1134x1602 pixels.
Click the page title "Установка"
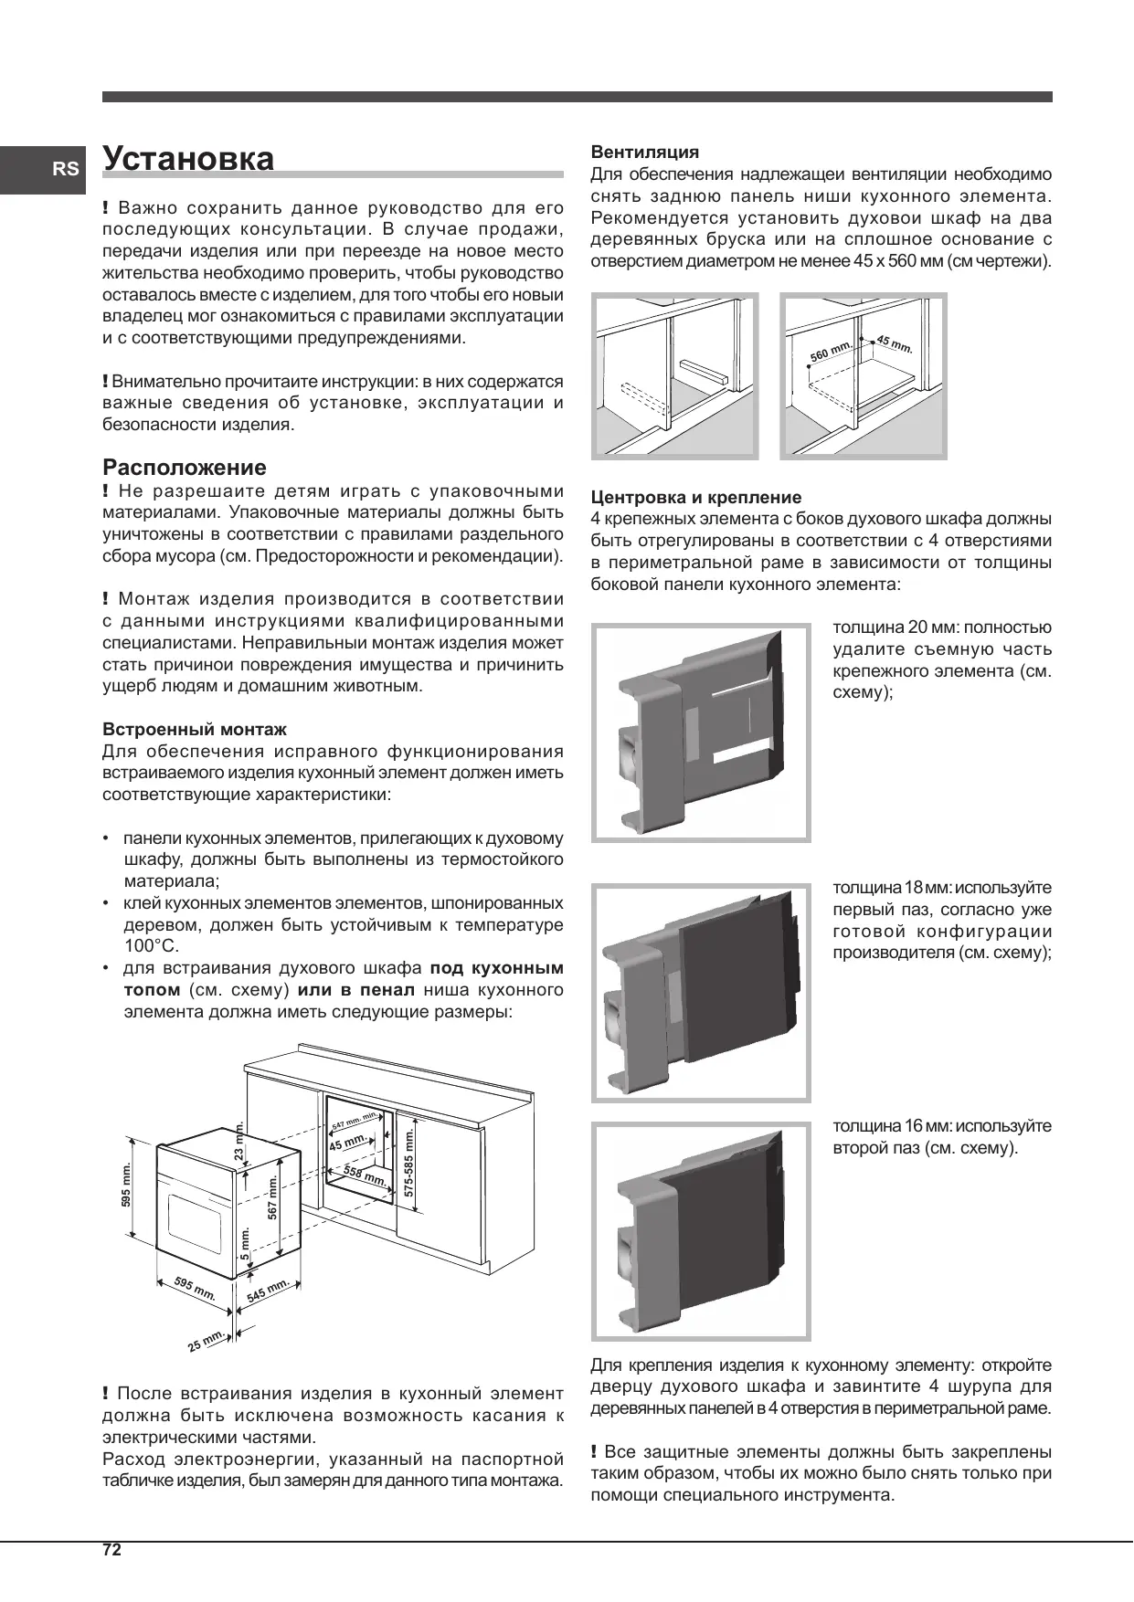click(x=188, y=158)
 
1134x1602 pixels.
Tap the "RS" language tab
click(x=65, y=169)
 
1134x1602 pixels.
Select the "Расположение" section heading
click(x=185, y=468)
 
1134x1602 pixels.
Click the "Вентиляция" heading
click(x=644, y=152)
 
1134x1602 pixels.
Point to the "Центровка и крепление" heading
click(x=695, y=498)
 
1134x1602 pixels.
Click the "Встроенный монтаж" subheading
click(x=195, y=730)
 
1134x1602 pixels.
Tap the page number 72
click(x=111, y=1549)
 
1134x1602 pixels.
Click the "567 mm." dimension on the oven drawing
click(x=271, y=1197)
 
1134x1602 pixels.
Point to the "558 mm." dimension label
click(x=364, y=1175)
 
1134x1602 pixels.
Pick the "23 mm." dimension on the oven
click(x=240, y=1141)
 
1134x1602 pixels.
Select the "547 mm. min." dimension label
click(x=355, y=1121)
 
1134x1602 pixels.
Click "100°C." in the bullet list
click(x=152, y=946)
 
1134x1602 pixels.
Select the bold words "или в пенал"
click(x=356, y=990)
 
